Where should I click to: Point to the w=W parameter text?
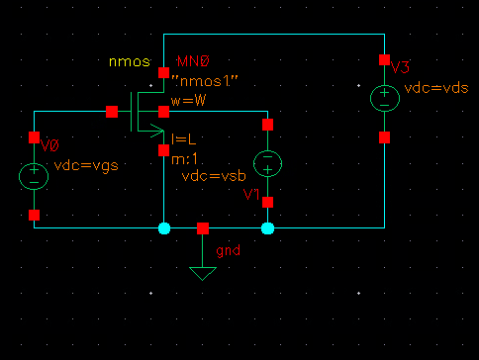coord(187,100)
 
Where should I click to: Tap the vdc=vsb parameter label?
coord(214,176)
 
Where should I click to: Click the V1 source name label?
coord(252,195)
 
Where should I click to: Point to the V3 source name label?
coord(400,67)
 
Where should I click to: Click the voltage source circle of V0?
coord(34,176)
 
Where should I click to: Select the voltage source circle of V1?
coord(267,163)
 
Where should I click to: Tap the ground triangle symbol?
coord(203,272)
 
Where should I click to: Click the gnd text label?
coord(230,250)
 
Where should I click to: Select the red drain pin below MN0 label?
coord(163,73)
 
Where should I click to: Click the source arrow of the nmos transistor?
coord(155,127)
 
